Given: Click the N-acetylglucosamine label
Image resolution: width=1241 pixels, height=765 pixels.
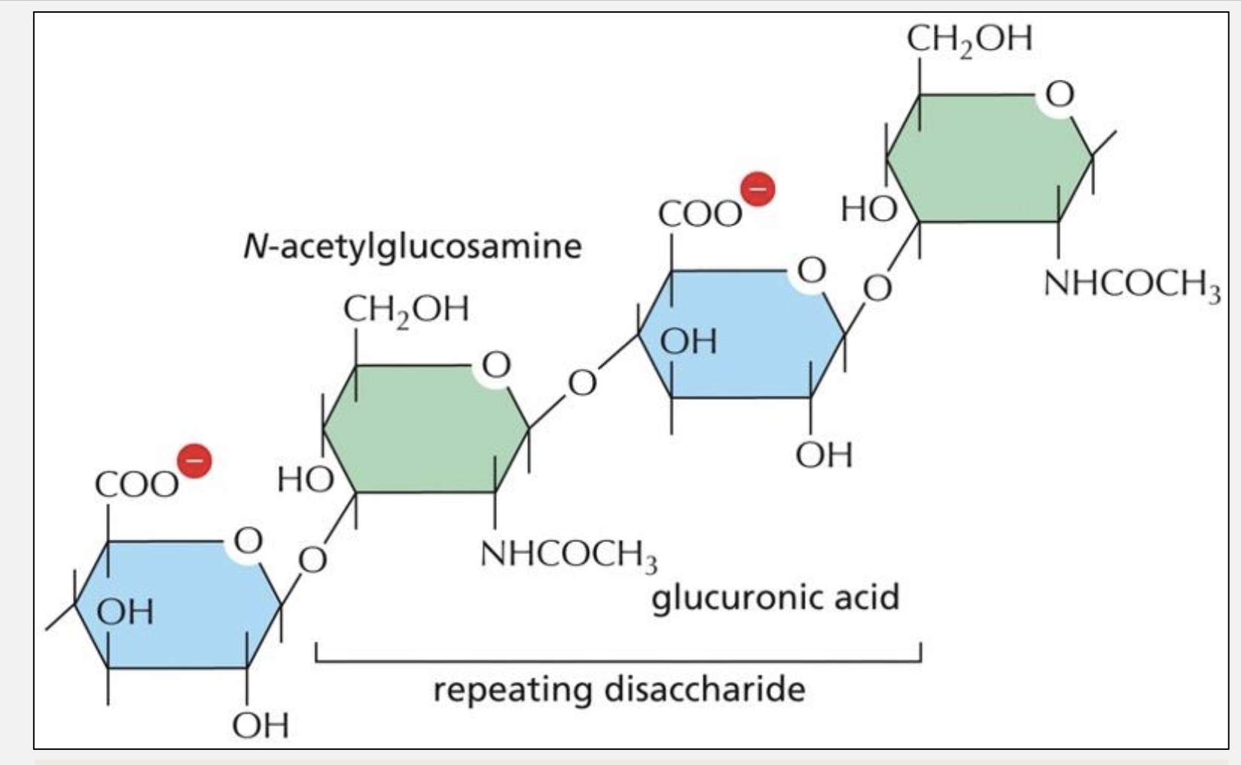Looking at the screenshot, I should pyautogui.click(x=413, y=246).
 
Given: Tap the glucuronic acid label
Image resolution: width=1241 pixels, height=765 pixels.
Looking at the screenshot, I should pyautogui.click(x=775, y=598).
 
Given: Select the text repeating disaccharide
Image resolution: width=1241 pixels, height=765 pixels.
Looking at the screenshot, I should pyautogui.click(x=619, y=689).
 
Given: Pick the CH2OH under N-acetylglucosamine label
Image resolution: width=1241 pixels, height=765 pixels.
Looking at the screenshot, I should pyautogui.click(x=406, y=309).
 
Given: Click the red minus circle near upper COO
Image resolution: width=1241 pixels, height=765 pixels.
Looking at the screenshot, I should pyautogui.click(x=758, y=189).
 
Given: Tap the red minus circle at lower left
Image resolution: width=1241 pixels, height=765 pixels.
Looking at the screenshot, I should pyautogui.click(x=194, y=461).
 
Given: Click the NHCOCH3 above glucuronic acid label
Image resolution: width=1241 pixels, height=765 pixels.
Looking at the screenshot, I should pyautogui.click(x=569, y=555).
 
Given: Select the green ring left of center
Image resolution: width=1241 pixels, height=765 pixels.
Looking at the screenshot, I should pyautogui.click(x=425, y=429).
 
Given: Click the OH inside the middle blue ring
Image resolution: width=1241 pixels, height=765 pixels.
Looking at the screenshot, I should pyautogui.click(x=689, y=342).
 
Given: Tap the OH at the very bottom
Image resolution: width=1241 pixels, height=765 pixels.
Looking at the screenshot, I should pyautogui.click(x=261, y=725).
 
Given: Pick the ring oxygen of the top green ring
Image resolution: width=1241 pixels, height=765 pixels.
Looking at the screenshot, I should pyautogui.click(x=1059, y=95).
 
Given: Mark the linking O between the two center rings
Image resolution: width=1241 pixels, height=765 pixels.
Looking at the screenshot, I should pyautogui.click(x=582, y=382).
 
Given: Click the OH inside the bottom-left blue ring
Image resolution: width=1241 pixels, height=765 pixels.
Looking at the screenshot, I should pyautogui.click(x=125, y=611).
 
